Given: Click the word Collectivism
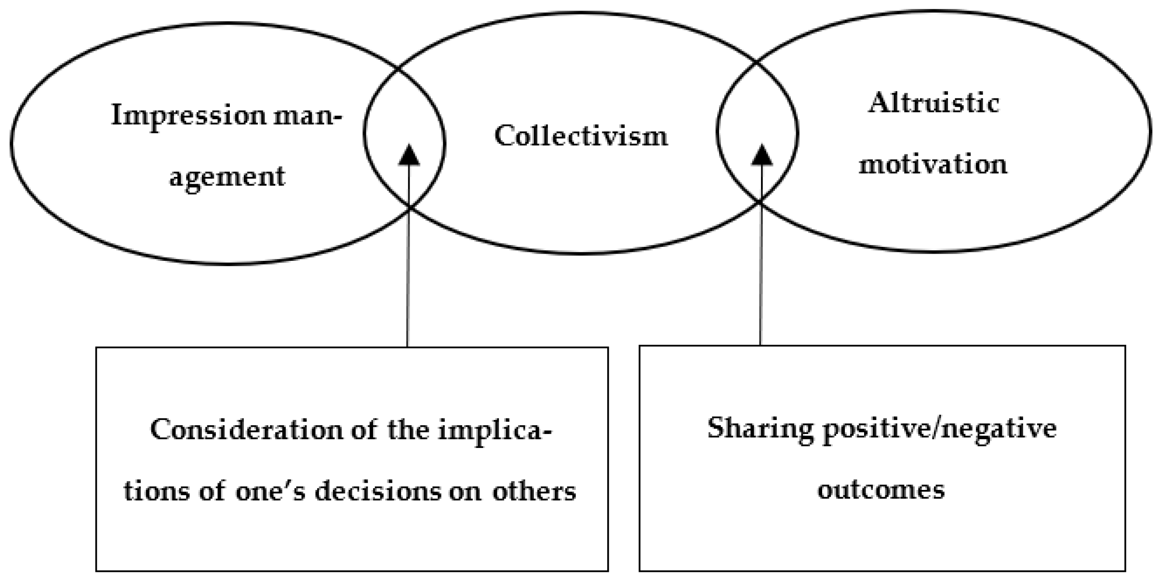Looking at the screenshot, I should pos(581,136).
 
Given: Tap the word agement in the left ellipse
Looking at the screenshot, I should pos(227,176).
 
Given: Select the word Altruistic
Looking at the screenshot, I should pos(933,103).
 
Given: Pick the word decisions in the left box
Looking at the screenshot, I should pos(378,491).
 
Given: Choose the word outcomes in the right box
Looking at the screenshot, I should pos(881,489).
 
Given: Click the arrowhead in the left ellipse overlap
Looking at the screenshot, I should pos(409,155).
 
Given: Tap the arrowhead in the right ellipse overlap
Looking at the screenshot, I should pos(762,155).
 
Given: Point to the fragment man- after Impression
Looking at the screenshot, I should pos(308,116).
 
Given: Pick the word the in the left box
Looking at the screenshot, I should pos(408,429).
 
